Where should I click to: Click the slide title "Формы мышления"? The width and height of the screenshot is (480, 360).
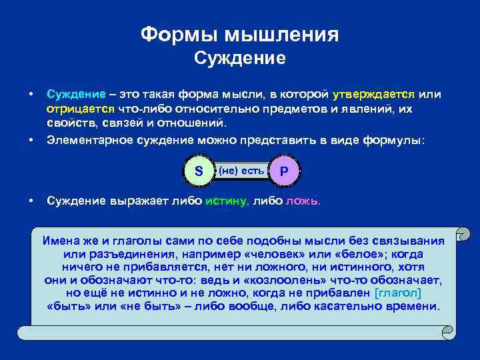[239, 34]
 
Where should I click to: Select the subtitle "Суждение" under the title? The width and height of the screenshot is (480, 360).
[239, 59]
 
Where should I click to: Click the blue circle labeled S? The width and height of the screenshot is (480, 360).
[198, 171]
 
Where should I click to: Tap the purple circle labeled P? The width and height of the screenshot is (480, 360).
[284, 171]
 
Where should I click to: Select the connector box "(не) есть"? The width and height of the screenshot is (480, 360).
[241, 171]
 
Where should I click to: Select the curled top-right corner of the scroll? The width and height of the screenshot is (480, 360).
[461, 235]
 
